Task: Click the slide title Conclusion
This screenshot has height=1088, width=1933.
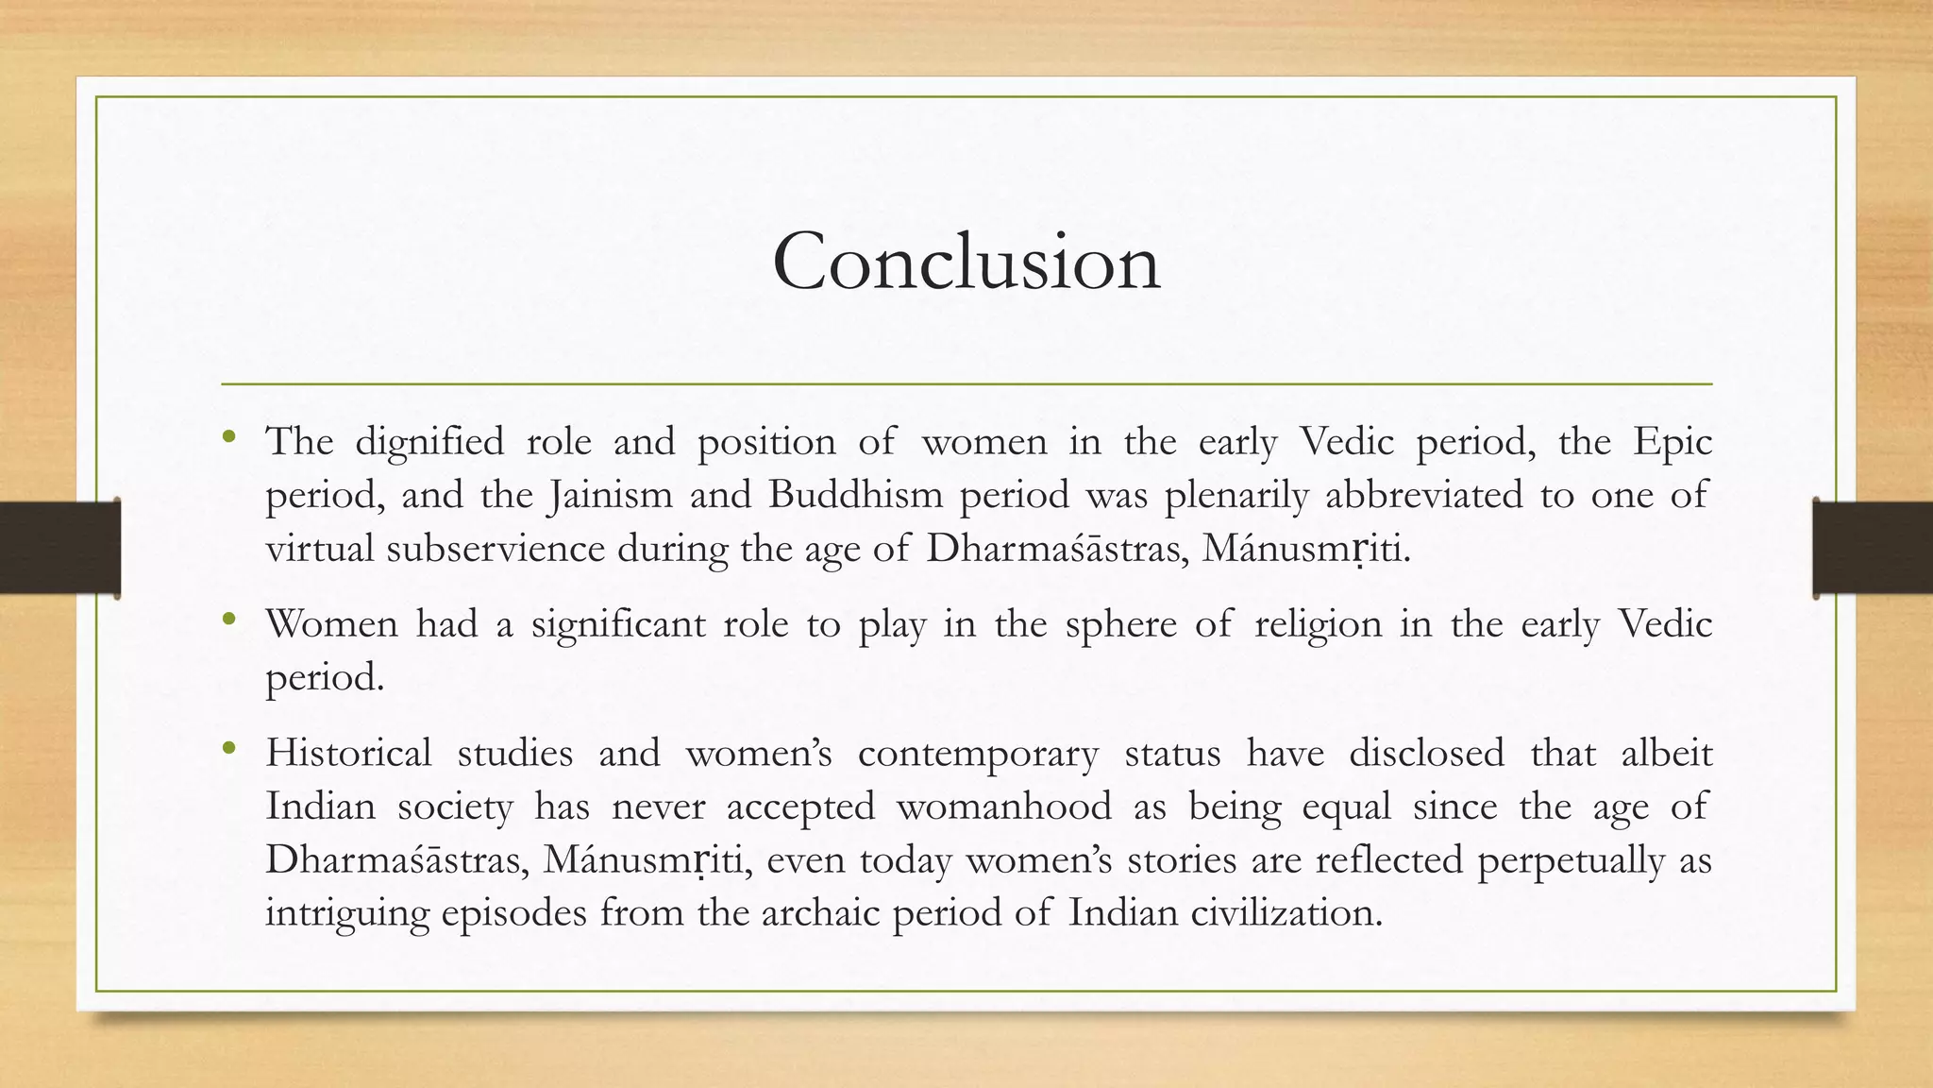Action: click(x=966, y=262)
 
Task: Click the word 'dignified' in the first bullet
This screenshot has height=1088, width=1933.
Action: click(x=429, y=442)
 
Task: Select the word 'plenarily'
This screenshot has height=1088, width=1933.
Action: click(x=1236, y=495)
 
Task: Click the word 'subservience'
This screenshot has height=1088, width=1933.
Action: click(x=496, y=549)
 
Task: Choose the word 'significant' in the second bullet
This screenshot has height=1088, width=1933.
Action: click(x=618, y=624)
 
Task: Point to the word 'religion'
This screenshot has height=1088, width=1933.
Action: click(x=1318, y=624)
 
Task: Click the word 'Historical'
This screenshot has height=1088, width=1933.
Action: click(x=348, y=754)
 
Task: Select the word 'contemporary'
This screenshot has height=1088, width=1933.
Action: click(x=978, y=754)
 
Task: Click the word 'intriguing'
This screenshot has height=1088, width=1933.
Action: click(x=347, y=913)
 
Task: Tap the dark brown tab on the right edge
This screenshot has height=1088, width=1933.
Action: click(x=1873, y=548)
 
